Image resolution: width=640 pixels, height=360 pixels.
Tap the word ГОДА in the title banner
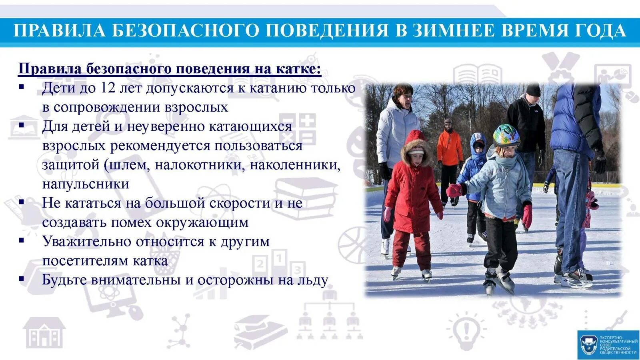[600, 31]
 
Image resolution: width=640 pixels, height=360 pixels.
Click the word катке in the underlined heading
[296, 69]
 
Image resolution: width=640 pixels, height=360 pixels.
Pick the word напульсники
[86, 184]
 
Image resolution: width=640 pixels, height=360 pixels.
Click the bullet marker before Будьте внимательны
[22, 279]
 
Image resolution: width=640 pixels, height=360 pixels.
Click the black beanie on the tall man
[533, 90]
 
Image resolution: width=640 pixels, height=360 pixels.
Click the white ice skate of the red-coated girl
[426, 274]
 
